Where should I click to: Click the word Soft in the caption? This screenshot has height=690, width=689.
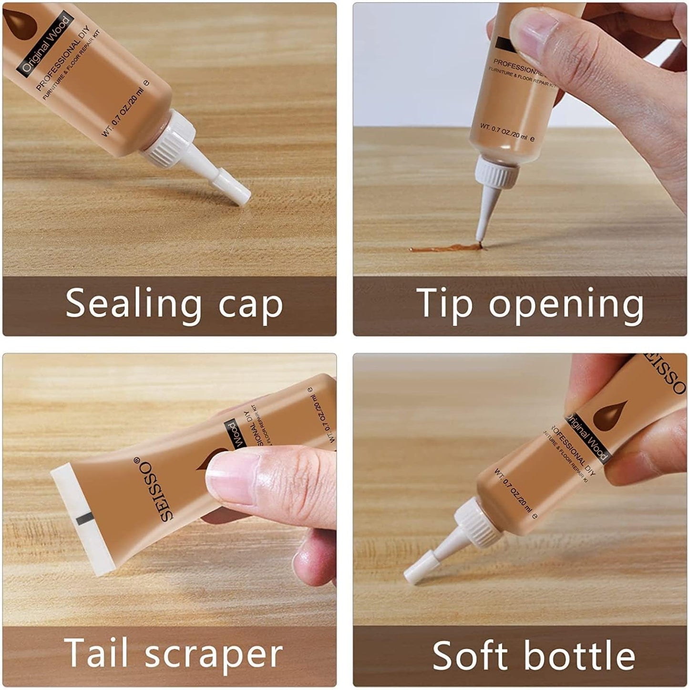pyautogui.click(x=471, y=656)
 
